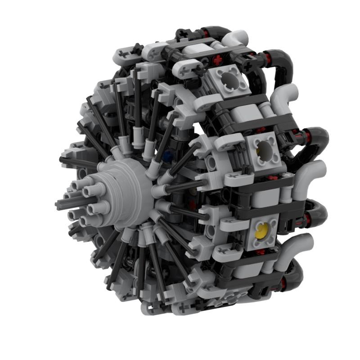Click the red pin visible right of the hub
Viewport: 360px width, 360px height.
click(x=192, y=205)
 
